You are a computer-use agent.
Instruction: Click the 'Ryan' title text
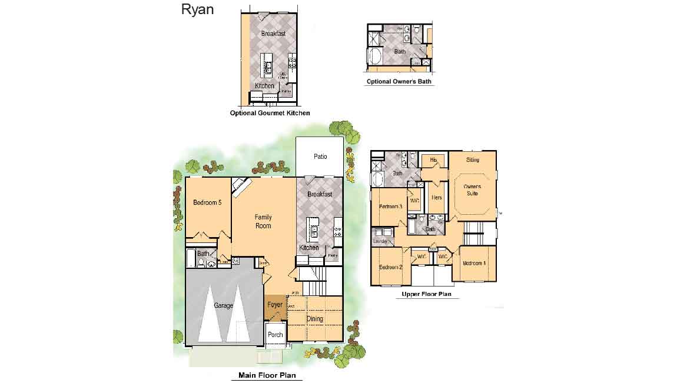click(x=198, y=9)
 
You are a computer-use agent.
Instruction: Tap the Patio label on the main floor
click(x=320, y=156)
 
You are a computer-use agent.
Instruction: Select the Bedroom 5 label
click(x=207, y=203)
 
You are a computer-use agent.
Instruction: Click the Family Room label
click(x=263, y=222)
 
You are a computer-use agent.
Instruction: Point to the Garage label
click(x=224, y=305)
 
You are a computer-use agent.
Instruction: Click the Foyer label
click(x=275, y=305)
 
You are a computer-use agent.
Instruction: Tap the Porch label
click(x=275, y=335)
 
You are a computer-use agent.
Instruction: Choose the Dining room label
click(x=316, y=319)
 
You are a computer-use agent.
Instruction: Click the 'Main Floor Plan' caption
click(x=267, y=375)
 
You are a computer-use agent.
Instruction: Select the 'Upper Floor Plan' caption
click(x=427, y=294)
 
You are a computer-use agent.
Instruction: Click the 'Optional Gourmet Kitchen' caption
click(x=270, y=113)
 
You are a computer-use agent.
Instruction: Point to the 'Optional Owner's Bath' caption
click(x=400, y=82)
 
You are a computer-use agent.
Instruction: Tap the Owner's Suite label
click(x=472, y=190)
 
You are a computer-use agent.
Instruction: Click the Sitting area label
click(x=472, y=160)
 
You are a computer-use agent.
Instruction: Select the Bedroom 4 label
click(x=474, y=263)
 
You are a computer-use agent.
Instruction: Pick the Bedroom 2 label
click(x=390, y=267)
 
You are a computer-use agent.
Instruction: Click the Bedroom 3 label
click(x=390, y=207)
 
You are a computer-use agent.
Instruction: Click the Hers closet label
click(x=436, y=198)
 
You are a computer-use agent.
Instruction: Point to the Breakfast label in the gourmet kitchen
click(x=273, y=34)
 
